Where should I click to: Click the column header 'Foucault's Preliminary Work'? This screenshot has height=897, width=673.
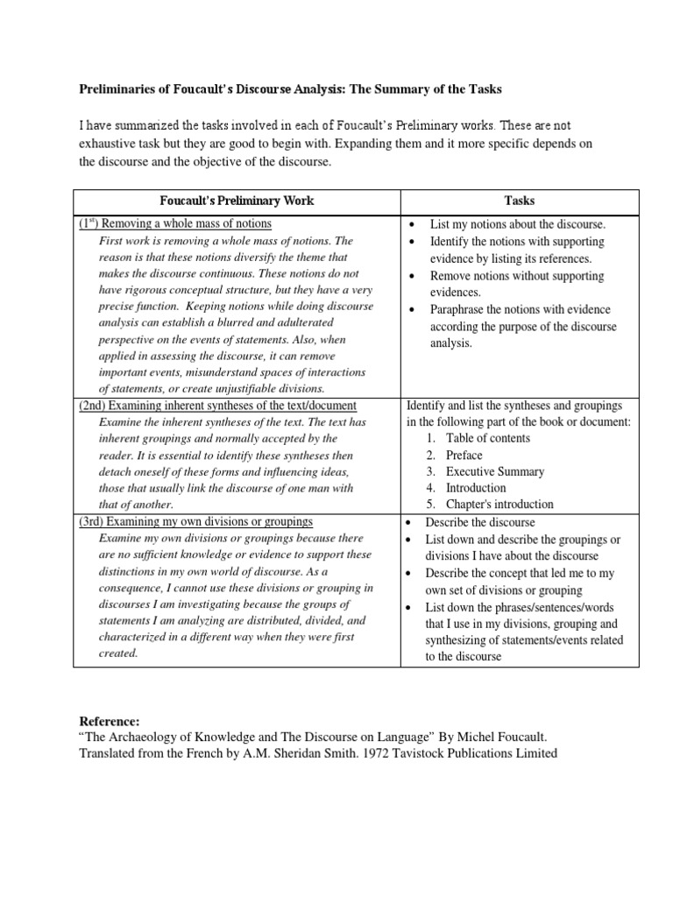pos(237,201)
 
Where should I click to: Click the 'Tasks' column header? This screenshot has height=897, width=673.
pos(520,201)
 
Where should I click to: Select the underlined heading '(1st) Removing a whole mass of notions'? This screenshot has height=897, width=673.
pos(181,224)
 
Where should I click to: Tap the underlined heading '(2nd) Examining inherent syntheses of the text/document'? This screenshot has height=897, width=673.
pos(217,406)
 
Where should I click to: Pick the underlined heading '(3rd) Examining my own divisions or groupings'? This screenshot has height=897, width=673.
pos(195,521)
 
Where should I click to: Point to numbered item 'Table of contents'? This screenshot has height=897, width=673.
pos(487,438)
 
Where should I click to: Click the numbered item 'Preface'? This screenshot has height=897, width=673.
pos(464,455)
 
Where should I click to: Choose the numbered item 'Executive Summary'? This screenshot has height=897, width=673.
pos(495,471)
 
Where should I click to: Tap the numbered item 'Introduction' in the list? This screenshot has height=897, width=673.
pos(476,488)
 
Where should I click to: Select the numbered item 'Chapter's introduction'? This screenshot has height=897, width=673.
pos(499,505)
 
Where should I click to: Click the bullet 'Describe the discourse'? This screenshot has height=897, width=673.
pos(480,521)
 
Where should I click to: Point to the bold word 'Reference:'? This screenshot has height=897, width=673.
pos(110,721)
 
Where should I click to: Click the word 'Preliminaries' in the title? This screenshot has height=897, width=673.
pos(119,90)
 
